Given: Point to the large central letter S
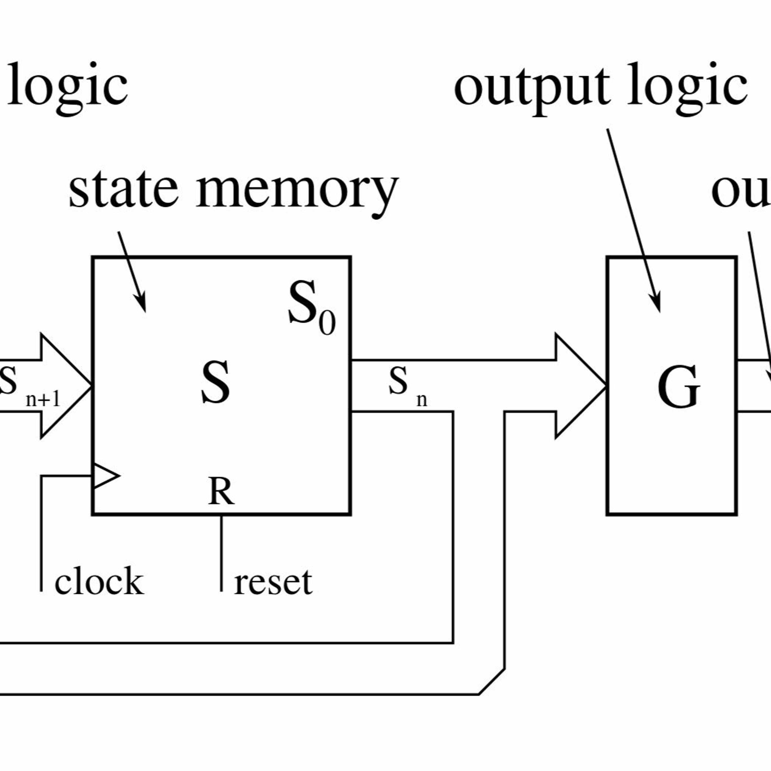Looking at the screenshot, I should point(216,382).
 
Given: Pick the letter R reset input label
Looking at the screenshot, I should point(221,492).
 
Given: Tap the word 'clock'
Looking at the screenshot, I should point(99,581).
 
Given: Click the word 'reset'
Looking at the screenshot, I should point(273,582).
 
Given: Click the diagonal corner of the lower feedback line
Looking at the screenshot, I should point(492,682).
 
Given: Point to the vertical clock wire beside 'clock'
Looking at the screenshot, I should point(41,535).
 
